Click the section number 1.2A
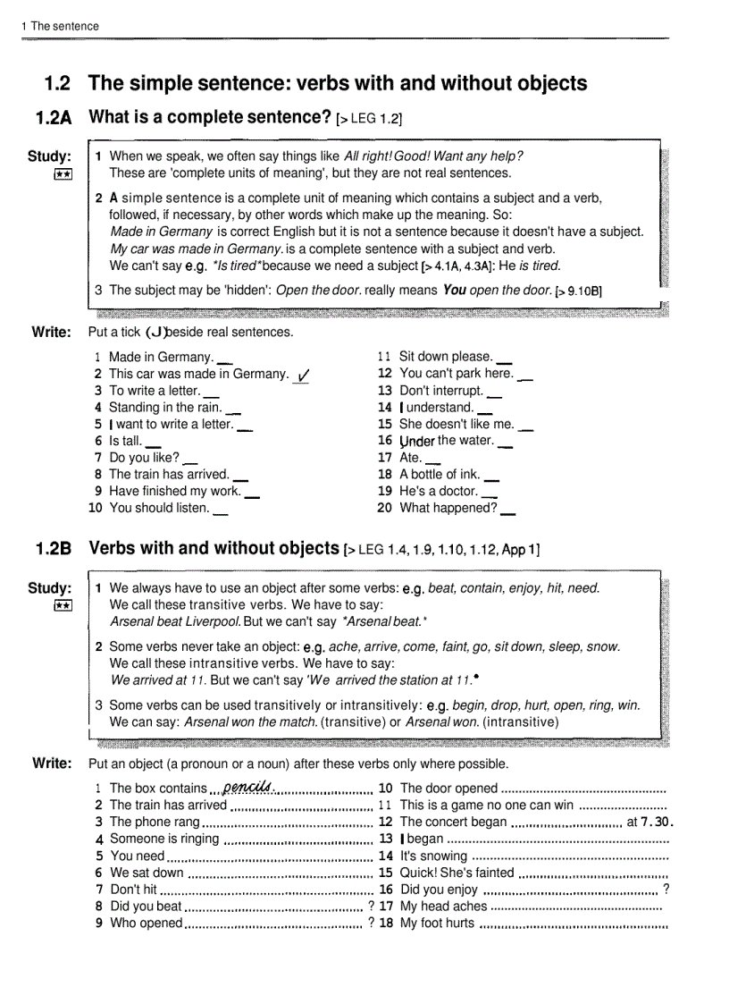tap(54, 118)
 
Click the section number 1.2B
tap(54, 549)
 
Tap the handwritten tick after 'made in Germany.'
tap(303, 375)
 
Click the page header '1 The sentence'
tap(60, 26)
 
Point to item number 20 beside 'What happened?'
tap(384, 508)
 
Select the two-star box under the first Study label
tap(62, 174)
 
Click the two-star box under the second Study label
tap(62, 605)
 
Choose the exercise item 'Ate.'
tap(410, 457)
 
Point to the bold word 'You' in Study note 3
tap(454, 290)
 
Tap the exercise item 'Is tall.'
tap(125, 441)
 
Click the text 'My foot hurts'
tap(437, 923)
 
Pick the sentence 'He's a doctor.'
tap(438, 491)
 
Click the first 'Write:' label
tap(51, 332)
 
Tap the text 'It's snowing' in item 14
tap(433, 856)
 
